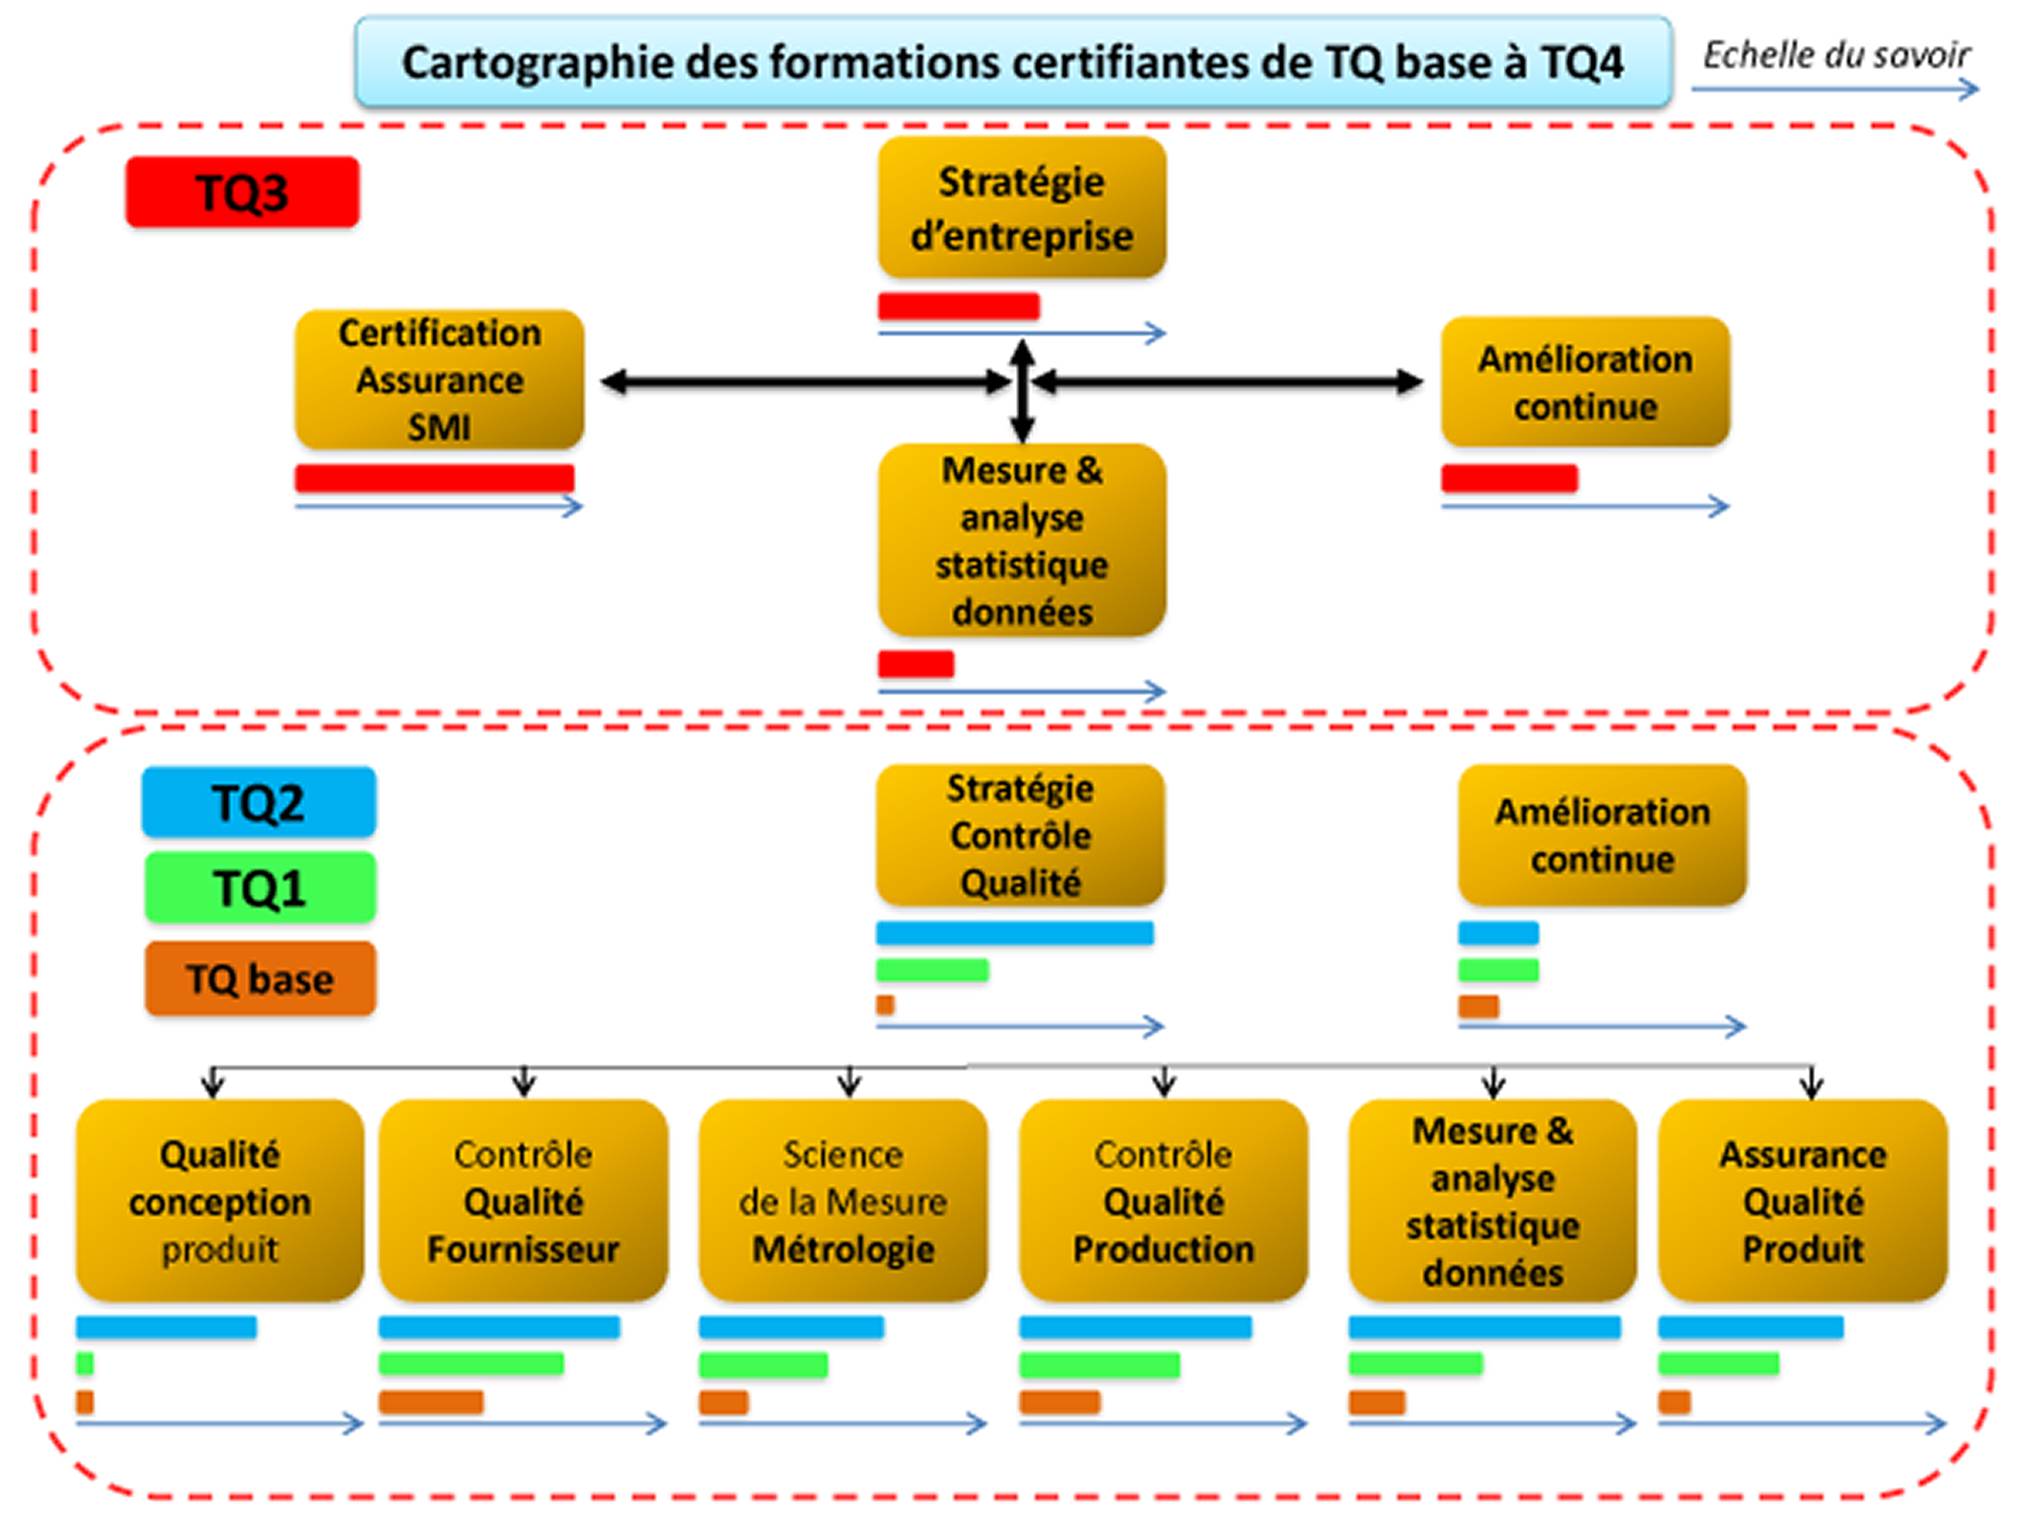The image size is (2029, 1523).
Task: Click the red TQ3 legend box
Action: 242,192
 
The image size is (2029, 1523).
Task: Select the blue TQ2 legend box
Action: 258,802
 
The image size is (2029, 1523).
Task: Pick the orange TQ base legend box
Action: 260,978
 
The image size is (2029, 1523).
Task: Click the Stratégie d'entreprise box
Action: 1022,208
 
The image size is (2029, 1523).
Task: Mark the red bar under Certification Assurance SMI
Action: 435,477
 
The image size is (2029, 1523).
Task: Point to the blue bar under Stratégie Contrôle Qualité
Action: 1014,933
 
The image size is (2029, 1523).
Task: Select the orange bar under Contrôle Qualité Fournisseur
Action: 431,1402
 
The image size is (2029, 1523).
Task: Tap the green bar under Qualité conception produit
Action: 84,1365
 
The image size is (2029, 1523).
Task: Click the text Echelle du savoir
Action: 1836,56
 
